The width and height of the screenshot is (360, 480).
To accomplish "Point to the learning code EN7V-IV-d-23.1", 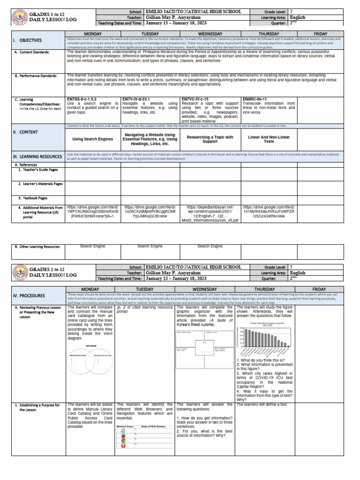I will (139, 99).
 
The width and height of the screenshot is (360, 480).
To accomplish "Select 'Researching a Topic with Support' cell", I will (210, 139).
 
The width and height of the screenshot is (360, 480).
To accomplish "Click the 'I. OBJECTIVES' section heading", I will (28, 40).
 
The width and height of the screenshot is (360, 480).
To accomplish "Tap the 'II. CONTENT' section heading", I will (25, 132).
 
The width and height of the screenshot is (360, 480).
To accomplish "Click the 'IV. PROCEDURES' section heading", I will (29, 296).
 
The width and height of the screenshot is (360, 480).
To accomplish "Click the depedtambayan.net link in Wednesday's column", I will (210, 213).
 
